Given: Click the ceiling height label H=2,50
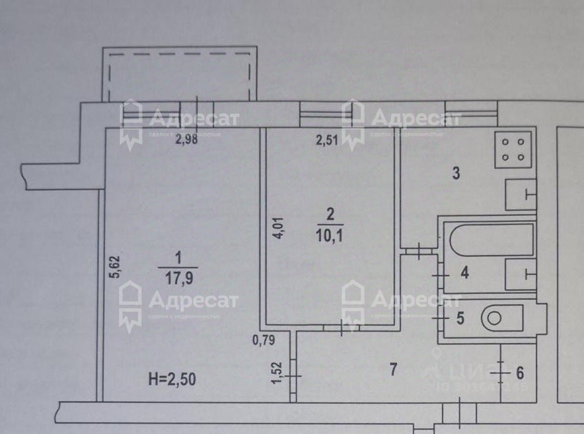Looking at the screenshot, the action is pos(172,378).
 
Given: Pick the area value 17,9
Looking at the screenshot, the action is pos(178,277).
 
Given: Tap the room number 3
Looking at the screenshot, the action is pos(456,173).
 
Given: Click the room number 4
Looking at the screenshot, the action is pos(464,273).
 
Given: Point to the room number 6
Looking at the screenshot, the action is pos(519,374).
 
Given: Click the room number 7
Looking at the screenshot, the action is pos(393,370).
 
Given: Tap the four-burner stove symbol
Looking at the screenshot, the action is pos(513,149).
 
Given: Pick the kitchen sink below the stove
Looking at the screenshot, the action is pos(521,195).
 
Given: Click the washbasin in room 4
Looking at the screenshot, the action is pos(521,274).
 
